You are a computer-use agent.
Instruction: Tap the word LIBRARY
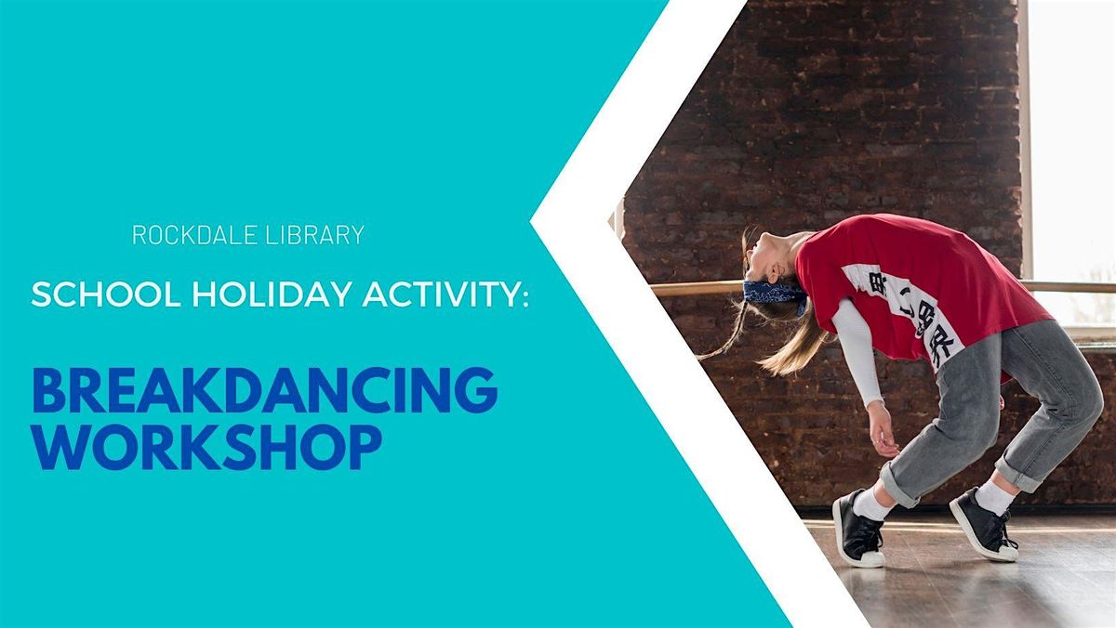coord(315,235)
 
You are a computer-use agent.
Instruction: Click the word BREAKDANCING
coord(265,390)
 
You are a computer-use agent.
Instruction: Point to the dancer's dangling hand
coord(882,433)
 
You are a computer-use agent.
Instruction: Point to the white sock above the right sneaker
coord(994,498)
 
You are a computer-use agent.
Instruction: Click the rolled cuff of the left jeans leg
coord(900,483)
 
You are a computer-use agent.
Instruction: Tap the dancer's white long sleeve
coord(857,354)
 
